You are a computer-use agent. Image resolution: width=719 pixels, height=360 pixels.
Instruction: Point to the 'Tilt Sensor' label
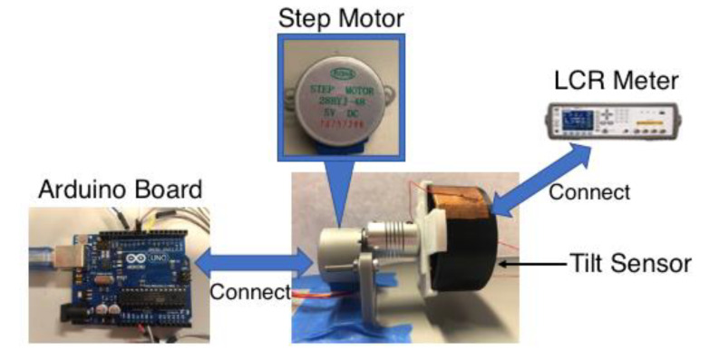pos(631,263)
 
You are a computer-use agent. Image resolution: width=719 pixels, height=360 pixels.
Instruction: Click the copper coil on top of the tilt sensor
pos(462,202)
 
